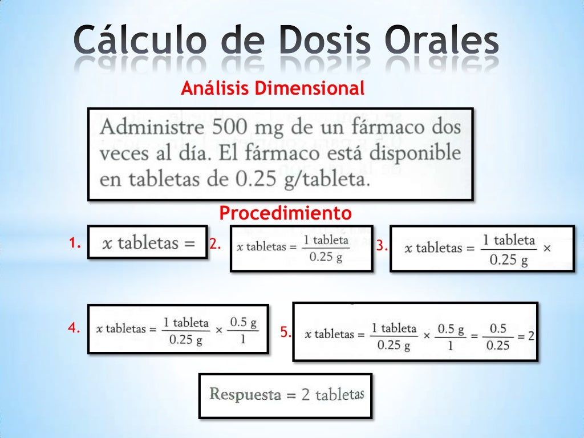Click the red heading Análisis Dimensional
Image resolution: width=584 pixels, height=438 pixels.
pyautogui.click(x=273, y=88)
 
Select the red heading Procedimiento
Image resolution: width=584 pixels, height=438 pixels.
pyautogui.click(x=285, y=213)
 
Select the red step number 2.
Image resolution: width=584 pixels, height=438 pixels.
pyautogui.click(x=214, y=245)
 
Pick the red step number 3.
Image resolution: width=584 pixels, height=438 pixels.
pyautogui.click(x=382, y=247)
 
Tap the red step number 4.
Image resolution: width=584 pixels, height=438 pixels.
pyautogui.click(x=73, y=328)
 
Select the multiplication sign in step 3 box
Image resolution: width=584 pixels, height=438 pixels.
pyautogui.click(x=547, y=249)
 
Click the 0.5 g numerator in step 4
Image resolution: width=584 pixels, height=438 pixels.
pyautogui.click(x=243, y=322)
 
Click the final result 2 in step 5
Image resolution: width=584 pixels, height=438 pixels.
pyautogui.click(x=531, y=335)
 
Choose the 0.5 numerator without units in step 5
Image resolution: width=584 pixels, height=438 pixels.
pyautogui.click(x=498, y=328)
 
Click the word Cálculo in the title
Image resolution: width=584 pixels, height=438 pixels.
pyautogui.click(x=141, y=41)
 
